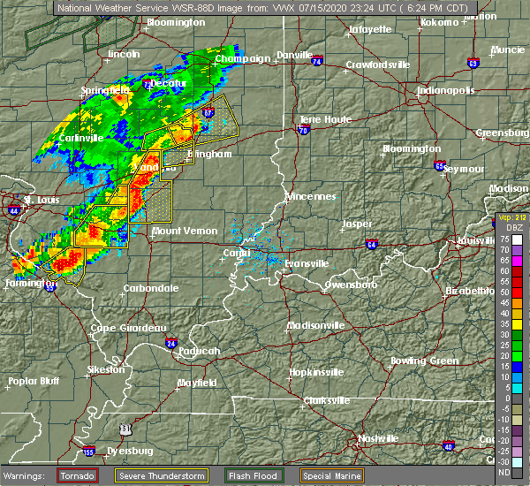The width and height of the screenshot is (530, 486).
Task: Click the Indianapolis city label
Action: (446, 90)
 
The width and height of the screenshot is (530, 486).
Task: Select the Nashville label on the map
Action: (378, 439)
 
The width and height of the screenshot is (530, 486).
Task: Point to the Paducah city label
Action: (194, 351)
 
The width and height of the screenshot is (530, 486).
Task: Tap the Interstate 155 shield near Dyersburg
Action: (88, 453)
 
